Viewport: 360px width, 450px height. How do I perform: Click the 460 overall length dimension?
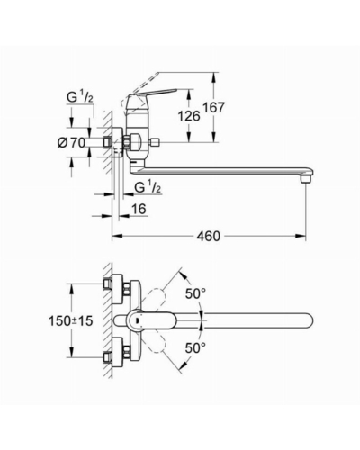209,236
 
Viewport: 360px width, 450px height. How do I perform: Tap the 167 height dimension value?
213,107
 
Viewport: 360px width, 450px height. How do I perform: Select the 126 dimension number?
189,116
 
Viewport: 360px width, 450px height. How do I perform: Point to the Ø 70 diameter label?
71,143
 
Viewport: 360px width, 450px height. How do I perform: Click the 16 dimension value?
139,209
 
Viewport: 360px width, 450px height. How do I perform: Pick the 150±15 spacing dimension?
71,321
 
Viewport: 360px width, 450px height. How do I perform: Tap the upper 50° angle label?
195,293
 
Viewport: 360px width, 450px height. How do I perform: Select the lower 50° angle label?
195,348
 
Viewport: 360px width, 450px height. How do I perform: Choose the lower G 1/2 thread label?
148,187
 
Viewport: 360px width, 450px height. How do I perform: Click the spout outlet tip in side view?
306,180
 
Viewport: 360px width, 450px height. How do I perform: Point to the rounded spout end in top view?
308,321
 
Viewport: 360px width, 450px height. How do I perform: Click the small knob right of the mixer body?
155,141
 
